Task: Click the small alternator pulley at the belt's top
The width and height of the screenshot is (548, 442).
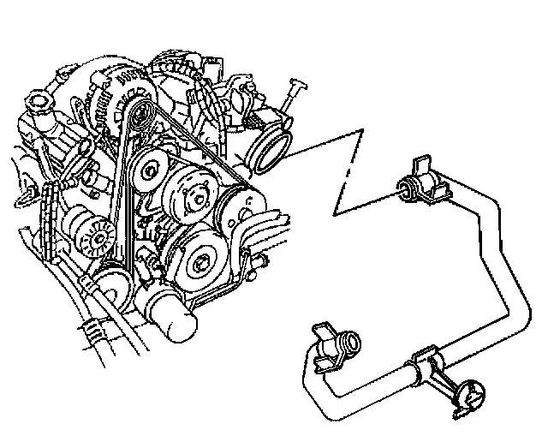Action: coord(140,112)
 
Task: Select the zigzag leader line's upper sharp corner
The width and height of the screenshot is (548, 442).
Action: coord(365,129)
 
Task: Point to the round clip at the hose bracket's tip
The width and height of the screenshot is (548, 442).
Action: coord(472,397)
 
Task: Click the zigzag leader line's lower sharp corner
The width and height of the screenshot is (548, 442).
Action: coord(336,213)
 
